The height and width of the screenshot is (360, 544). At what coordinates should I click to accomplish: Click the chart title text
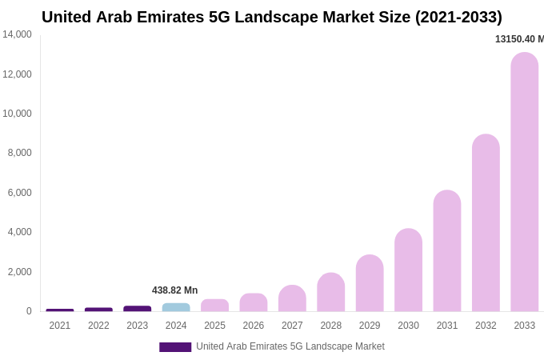click(x=272, y=17)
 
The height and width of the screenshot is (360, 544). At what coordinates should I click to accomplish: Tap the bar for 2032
click(x=486, y=223)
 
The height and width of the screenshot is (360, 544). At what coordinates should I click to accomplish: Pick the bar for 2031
click(x=447, y=251)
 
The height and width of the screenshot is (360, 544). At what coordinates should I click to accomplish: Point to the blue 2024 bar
click(x=176, y=307)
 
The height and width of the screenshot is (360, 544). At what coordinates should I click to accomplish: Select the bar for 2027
click(x=292, y=298)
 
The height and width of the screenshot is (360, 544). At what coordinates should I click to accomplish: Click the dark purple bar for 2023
click(x=138, y=308)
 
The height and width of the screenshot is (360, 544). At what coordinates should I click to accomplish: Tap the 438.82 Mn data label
click(x=174, y=290)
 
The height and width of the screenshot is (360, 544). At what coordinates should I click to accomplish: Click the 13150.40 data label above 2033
click(x=519, y=39)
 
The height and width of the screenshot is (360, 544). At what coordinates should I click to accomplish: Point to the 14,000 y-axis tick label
click(x=17, y=34)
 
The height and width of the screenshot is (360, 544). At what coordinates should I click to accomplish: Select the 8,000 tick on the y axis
click(x=19, y=153)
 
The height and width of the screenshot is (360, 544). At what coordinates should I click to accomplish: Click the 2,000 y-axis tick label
click(x=19, y=272)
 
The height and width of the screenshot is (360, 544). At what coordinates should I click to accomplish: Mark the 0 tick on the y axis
click(x=29, y=311)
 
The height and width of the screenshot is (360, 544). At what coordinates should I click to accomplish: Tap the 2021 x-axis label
click(x=60, y=326)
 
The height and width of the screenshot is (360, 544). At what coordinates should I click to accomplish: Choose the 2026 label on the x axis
click(x=254, y=326)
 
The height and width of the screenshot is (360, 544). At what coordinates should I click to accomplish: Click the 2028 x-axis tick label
click(x=331, y=326)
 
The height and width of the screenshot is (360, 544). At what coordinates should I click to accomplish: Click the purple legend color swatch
click(x=175, y=347)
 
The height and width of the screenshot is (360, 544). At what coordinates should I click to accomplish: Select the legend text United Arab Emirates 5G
click(x=290, y=346)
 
